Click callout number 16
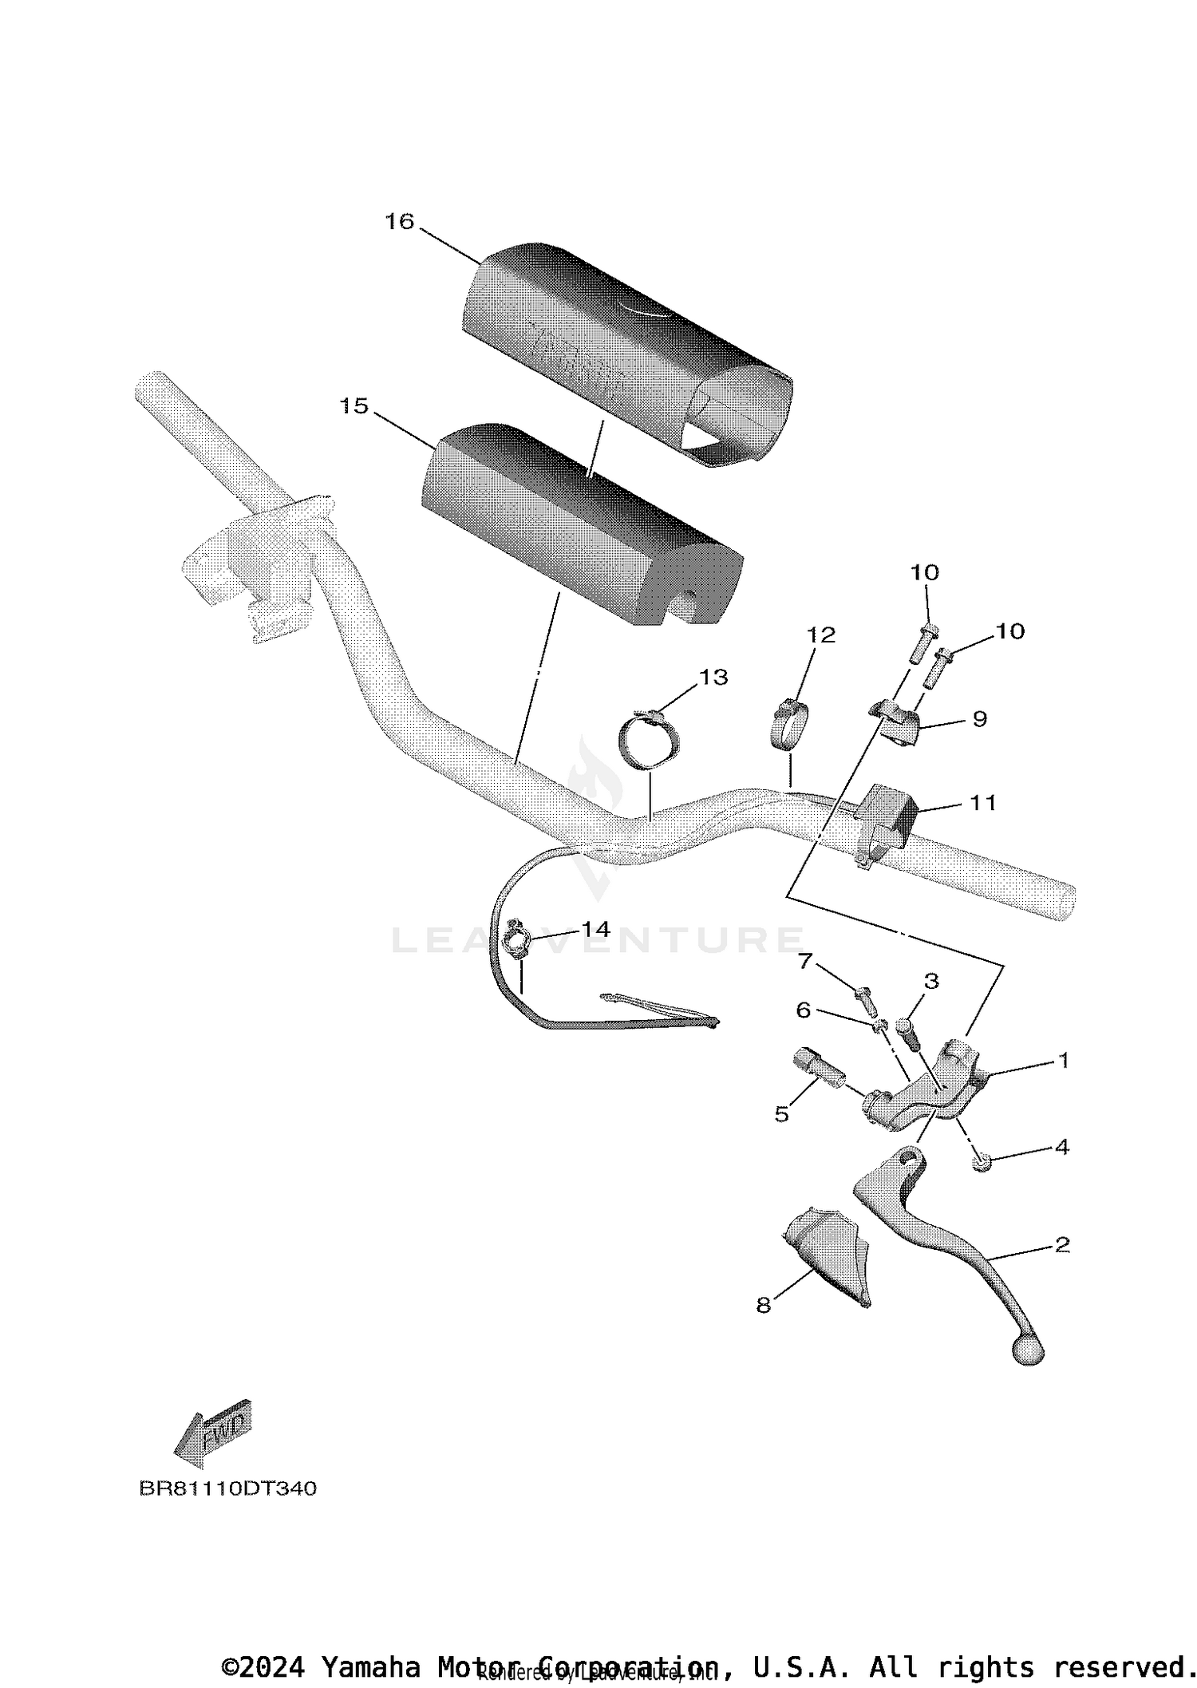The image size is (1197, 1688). coord(400,221)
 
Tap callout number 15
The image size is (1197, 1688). coord(354,406)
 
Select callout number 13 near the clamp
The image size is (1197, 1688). coord(713,677)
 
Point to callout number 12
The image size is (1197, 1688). coord(821,634)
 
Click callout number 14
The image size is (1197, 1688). coord(595,929)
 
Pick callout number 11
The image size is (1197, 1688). coord(982,802)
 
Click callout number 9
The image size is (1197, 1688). coord(980,719)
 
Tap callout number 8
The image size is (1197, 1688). coord(764,1305)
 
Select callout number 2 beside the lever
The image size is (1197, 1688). coord(1061,1244)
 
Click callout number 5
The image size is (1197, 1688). coord(781,1114)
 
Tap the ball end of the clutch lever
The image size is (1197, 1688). coord(1028,1351)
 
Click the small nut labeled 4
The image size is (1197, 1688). coord(981,1164)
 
